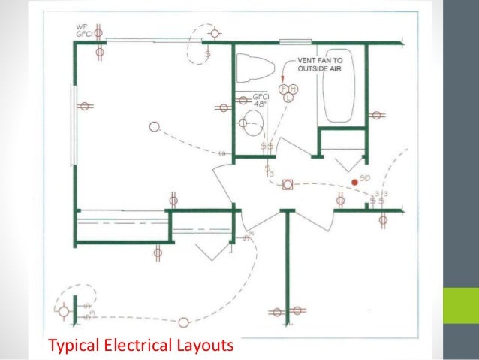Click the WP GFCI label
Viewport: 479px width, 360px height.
tap(84, 31)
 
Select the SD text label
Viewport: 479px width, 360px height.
tap(366, 177)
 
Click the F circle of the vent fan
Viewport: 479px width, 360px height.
tap(284, 89)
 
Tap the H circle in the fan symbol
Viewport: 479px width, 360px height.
tap(294, 89)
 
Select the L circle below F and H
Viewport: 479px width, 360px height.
tap(288, 98)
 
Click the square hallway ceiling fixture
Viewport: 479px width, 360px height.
tap(286, 189)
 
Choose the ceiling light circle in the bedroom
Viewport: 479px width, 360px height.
tap(154, 127)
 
